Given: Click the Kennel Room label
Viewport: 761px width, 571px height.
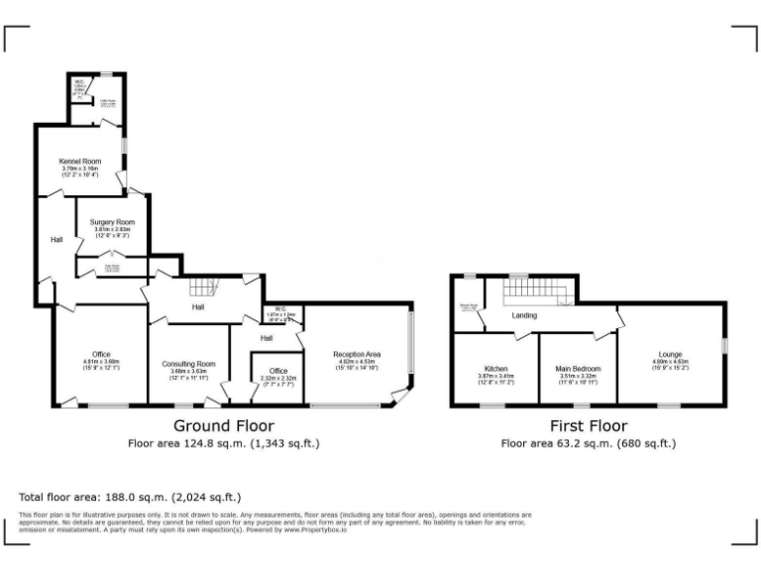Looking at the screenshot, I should click(82, 161).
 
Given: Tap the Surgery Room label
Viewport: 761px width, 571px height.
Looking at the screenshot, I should click(112, 222).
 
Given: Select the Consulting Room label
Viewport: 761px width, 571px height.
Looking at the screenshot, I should click(188, 364).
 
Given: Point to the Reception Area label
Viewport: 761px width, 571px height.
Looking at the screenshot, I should click(358, 354).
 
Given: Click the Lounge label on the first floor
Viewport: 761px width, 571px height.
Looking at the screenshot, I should click(669, 354).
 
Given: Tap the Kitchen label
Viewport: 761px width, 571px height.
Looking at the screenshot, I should click(495, 368).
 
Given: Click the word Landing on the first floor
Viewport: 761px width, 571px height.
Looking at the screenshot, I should click(524, 315).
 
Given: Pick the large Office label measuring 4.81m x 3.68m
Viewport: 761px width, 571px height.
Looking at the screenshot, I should click(100, 354).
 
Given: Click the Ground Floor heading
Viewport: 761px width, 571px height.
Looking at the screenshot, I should click(224, 425).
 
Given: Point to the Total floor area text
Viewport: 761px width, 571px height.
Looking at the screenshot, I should click(129, 497).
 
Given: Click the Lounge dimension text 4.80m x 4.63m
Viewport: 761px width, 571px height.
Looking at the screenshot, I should click(669, 362).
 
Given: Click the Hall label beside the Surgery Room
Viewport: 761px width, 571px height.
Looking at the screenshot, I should click(56, 239).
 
